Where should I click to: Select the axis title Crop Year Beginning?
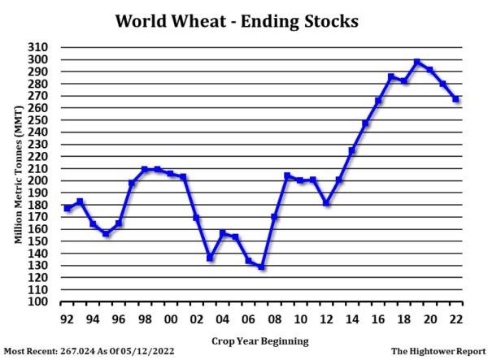(x=260, y=340)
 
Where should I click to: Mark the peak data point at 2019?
(x=417, y=62)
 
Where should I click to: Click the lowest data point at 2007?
(x=261, y=267)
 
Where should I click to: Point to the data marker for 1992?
(x=67, y=208)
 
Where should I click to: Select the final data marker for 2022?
(x=456, y=99)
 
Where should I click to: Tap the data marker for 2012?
(x=326, y=202)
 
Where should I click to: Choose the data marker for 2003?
(x=210, y=258)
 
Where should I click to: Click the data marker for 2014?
(x=352, y=151)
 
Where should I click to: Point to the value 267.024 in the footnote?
(x=90, y=351)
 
